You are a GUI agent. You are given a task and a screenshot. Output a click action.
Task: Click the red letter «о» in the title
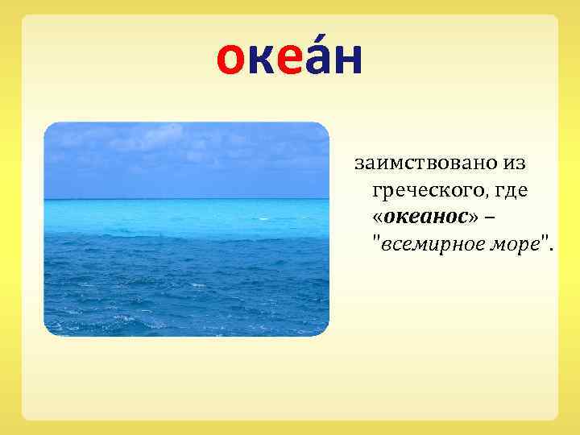232,60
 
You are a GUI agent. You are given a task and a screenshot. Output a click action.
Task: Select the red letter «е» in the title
290,60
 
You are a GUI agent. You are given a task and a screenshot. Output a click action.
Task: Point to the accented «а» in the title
317,60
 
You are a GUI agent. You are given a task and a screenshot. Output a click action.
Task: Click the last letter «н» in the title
347,60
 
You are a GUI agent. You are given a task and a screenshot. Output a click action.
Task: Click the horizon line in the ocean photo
186,199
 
